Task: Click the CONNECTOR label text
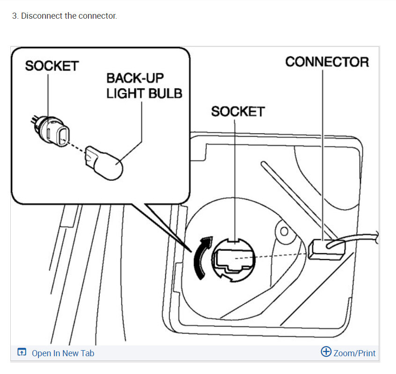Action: pos(327,62)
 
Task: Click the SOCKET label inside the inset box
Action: pos(51,66)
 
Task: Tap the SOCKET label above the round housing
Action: pos(237,111)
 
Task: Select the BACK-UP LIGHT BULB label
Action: pos(144,85)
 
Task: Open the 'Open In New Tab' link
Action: pos(63,353)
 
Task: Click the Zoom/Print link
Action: pos(354,353)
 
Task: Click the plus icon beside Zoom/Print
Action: pos(326,352)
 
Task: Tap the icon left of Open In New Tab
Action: pos(22,352)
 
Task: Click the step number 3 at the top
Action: pos(14,16)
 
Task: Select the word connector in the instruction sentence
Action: pos(97,16)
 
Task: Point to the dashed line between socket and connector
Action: pos(281,255)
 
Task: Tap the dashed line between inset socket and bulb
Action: pos(77,147)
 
